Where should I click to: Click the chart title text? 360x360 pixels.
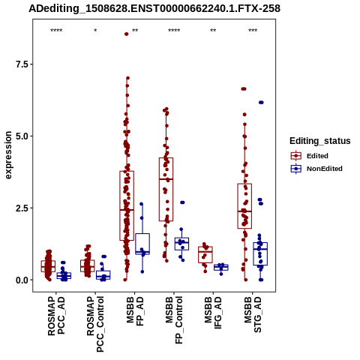pyautogui.click(x=154, y=8)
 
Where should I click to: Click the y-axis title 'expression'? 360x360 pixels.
pyautogui.click(x=8, y=155)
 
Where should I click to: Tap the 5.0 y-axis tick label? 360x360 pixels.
pyautogui.click(x=21, y=136)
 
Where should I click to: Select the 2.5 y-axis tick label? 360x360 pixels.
pyautogui.click(x=21, y=208)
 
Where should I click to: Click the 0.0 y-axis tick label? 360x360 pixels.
pyautogui.click(x=21, y=280)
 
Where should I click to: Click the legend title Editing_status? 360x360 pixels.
pyautogui.click(x=320, y=141)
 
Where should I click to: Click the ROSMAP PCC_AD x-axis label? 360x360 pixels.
pyautogui.click(x=56, y=316)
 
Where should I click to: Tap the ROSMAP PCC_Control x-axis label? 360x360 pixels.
pyautogui.click(x=95, y=324)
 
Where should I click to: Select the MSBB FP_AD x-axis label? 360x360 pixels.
pyautogui.click(x=135, y=311)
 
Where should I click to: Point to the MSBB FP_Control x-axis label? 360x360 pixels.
pyautogui.click(x=174, y=320)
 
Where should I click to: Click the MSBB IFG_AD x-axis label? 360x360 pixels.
pyautogui.click(x=213, y=313)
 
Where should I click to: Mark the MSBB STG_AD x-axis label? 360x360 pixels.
pyautogui.click(x=253, y=314)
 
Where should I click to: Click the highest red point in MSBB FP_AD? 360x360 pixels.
pyautogui.click(x=127, y=34)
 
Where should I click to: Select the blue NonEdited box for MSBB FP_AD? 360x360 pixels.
pyautogui.click(x=142, y=244)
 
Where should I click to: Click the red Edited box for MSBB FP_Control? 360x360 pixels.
pyautogui.click(x=166, y=189)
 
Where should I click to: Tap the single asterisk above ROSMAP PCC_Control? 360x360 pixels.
pyautogui.click(x=95, y=31)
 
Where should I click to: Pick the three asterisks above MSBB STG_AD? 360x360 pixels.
pyautogui.click(x=253, y=31)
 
